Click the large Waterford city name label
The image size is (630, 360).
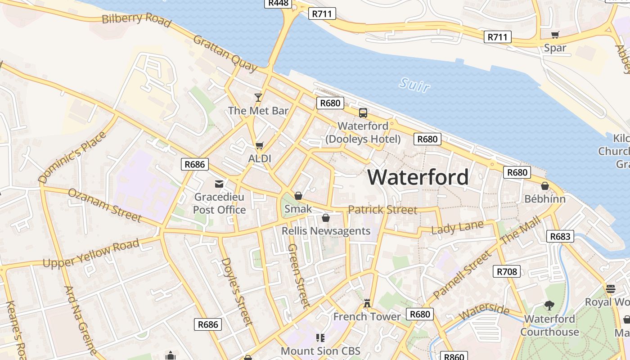tap(418, 177)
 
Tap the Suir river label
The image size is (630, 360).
tap(414, 85)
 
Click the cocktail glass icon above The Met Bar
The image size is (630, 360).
tap(258, 97)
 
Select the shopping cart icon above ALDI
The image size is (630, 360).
tap(259, 145)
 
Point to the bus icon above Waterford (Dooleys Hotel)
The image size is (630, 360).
tap(363, 113)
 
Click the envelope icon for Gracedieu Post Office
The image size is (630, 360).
tap(219, 184)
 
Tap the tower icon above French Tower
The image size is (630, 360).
tap(367, 303)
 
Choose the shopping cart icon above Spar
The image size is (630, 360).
tap(555, 35)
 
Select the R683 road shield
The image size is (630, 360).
tap(560, 236)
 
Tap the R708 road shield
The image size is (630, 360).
tap(507, 271)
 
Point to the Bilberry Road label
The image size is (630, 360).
tap(136, 20)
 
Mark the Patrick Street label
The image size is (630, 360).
tap(382, 210)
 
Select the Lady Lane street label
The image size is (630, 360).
tap(457, 227)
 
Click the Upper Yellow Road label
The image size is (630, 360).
tap(91, 254)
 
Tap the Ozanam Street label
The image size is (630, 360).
tap(104, 205)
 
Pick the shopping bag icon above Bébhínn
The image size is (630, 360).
tap(544, 186)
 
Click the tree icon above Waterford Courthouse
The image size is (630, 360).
tap(549, 306)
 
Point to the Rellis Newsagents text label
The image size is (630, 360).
tap(326, 231)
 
